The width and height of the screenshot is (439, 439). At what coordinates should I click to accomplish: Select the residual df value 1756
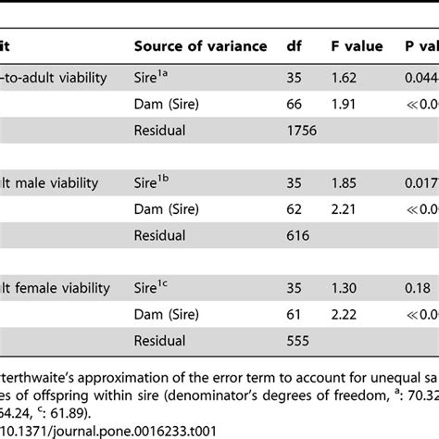pos(302,131)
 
